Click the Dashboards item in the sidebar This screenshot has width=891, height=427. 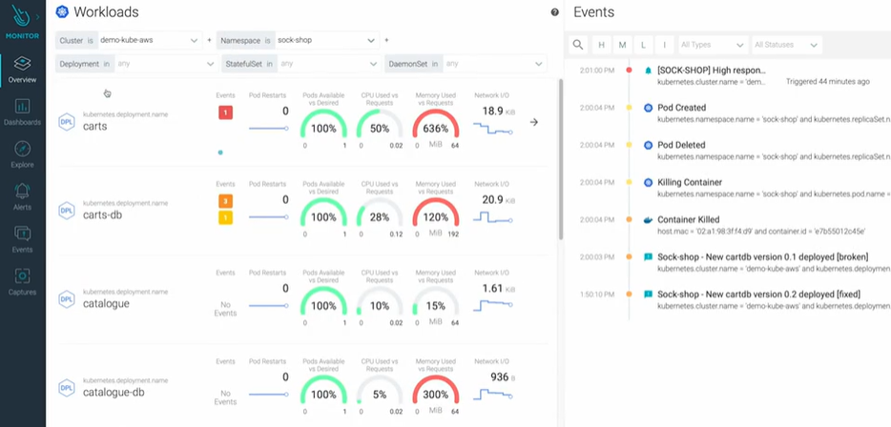[x=22, y=112]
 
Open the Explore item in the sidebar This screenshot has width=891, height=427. [x=22, y=155]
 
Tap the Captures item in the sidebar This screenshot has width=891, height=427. [x=22, y=282]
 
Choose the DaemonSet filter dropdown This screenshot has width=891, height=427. [x=466, y=64]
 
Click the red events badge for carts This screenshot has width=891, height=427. [x=225, y=113]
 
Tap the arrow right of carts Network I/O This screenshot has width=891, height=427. [x=534, y=122]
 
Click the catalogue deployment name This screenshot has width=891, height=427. [x=106, y=304]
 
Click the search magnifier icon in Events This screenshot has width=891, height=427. [x=578, y=45]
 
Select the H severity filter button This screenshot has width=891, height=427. [x=601, y=45]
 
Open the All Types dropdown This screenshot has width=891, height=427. [x=712, y=45]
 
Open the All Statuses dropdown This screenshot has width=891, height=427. [x=785, y=45]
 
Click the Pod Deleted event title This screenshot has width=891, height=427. [x=681, y=145]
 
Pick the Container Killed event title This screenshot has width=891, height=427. [x=688, y=219]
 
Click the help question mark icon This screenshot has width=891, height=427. [x=555, y=12]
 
